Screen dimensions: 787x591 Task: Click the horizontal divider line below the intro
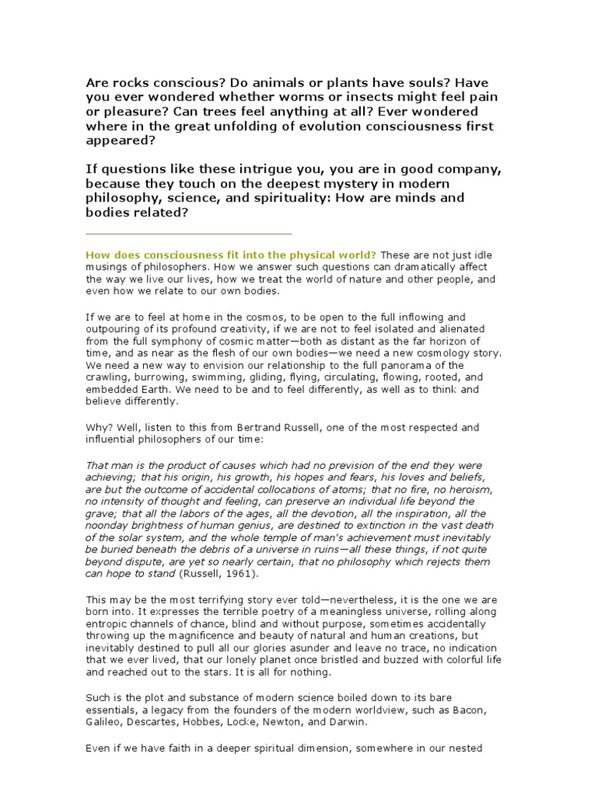189,234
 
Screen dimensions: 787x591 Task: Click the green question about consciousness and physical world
231,254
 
